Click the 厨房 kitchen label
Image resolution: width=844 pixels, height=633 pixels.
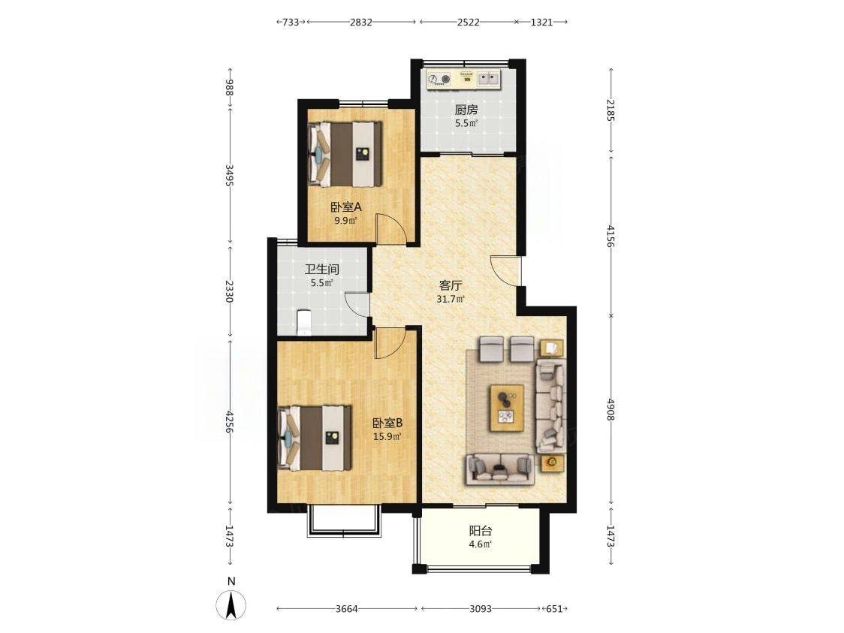(x=466, y=110)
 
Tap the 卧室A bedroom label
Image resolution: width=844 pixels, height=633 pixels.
(x=345, y=206)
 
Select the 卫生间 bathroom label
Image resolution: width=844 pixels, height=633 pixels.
(x=322, y=269)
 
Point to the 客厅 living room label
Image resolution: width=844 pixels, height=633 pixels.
(x=451, y=285)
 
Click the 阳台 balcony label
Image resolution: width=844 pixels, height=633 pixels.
(x=481, y=531)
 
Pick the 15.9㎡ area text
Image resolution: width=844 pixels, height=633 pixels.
(x=387, y=436)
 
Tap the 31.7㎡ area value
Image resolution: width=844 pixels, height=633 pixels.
(x=451, y=300)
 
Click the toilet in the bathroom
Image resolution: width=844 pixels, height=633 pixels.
(x=304, y=322)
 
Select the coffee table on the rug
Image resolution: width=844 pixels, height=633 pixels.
(x=507, y=408)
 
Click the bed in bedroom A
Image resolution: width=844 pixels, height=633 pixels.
(x=345, y=155)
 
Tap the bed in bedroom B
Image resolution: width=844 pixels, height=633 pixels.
(x=315, y=439)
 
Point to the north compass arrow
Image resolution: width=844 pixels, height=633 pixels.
(x=231, y=604)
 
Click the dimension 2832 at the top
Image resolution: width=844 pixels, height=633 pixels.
(x=360, y=22)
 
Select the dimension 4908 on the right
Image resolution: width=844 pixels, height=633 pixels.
(x=610, y=410)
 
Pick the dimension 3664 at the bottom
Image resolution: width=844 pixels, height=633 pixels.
(x=347, y=609)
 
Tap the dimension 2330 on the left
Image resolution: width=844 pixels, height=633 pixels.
(x=230, y=291)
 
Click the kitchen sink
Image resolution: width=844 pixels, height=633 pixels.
(x=489, y=79)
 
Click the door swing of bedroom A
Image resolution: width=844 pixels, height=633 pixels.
(x=391, y=229)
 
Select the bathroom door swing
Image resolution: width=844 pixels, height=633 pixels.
(x=357, y=304)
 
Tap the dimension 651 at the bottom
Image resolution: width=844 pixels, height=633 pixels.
(x=554, y=609)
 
